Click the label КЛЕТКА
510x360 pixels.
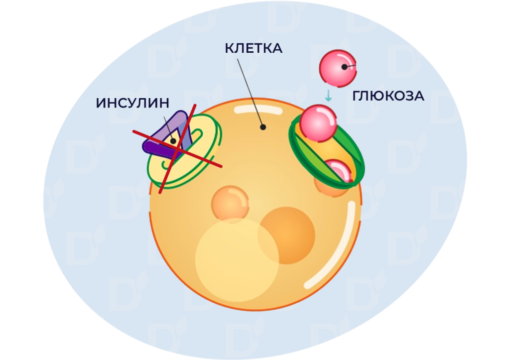pyautogui.click(x=254, y=48)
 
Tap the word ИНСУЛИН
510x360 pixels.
pyautogui.click(x=132, y=103)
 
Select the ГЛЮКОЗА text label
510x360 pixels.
pyautogui.click(x=388, y=96)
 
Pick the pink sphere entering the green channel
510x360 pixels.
pyautogui.click(x=318, y=123)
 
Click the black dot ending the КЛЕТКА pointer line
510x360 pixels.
pyautogui.click(x=263, y=127)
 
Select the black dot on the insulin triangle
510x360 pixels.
pyautogui.click(x=173, y=141)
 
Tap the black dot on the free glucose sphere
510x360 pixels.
pyautogui.click(x=344, y=67)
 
